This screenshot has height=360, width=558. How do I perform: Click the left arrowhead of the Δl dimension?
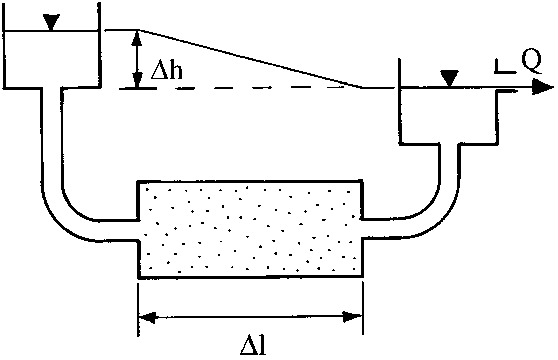click(x=147, y=316)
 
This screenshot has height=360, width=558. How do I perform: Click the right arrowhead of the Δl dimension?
click(x=353, y=316)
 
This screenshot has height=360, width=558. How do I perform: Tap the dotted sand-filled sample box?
click(x=250, y=228)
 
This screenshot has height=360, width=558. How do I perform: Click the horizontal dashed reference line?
click(x=239, y=88)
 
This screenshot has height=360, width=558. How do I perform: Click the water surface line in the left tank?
click(x=51, y=31)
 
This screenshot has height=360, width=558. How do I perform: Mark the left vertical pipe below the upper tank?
click(x=52, y=136)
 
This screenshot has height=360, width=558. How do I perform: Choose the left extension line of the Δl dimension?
click(x=138, y=307)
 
